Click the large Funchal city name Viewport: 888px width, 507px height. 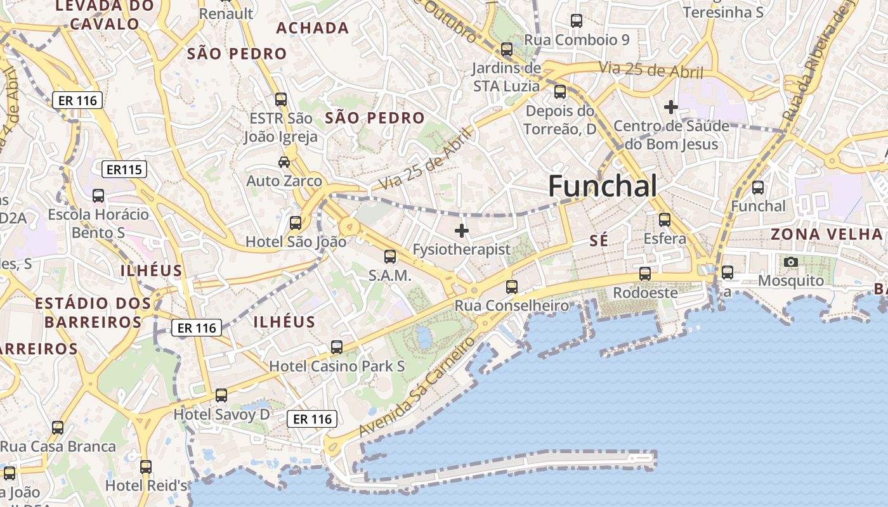pos(602,186)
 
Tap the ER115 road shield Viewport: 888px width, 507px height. pos(124,169)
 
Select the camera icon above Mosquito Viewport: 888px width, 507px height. pos(791,262)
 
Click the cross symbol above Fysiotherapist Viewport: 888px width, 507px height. pos(462,231)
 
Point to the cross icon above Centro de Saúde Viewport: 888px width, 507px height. pos(670,107)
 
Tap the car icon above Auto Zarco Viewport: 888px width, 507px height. pos(284,162)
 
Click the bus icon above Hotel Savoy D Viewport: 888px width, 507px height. pos(221,395)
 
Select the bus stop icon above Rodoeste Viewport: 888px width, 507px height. pos(645,274)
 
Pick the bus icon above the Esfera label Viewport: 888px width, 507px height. pos(665,220)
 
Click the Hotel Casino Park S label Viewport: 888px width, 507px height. pos(337,366)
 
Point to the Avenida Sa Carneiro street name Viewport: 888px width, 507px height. pos(417,387)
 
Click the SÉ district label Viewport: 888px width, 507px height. pos(599,241)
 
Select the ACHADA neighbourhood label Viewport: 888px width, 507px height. pos(313,28)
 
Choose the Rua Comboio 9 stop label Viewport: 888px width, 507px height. pos(577,40)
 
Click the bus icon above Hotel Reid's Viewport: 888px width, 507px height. pos(146,467)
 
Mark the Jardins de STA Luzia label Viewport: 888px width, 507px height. pos(506,77)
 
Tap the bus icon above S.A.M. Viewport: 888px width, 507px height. pos(390,257)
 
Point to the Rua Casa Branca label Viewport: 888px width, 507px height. pos(58,447)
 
